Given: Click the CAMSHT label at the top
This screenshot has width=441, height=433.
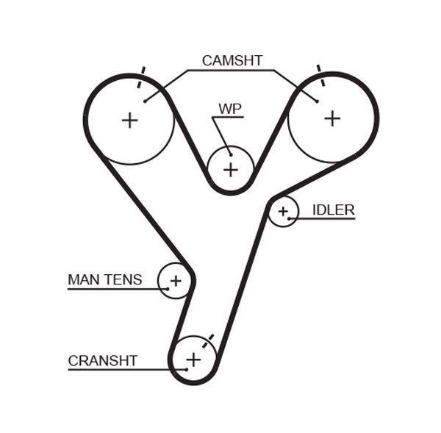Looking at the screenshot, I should point(232,61).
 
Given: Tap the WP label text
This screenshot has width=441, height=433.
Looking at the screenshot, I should point(229,109).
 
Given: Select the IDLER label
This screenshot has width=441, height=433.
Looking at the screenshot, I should point(333,210).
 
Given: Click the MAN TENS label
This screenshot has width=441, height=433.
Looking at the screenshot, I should point(104,279).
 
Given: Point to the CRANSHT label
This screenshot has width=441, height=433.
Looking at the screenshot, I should point(102,360).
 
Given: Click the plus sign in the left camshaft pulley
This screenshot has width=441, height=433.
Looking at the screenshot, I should point(129,120).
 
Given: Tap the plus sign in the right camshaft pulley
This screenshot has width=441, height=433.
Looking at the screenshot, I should point(333,118).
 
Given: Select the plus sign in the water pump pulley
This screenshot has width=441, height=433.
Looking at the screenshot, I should point(231,170).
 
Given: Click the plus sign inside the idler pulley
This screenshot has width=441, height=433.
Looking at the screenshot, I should point(282,212).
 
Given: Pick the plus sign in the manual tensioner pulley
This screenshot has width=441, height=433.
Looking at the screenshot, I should point(176,280).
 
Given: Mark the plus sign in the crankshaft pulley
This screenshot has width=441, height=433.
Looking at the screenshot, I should point(193,359).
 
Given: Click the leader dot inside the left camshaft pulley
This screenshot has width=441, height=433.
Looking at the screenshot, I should point(145,101).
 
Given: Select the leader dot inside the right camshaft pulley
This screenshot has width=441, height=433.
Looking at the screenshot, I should point(317,101).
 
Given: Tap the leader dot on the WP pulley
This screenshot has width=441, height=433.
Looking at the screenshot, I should point(230,154).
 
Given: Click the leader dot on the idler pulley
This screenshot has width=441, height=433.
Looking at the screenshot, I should point(290,218).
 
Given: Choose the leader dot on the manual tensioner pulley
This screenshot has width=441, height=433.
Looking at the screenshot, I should point(168,288).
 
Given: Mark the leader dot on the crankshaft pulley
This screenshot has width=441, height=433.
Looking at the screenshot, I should point(187,368).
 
